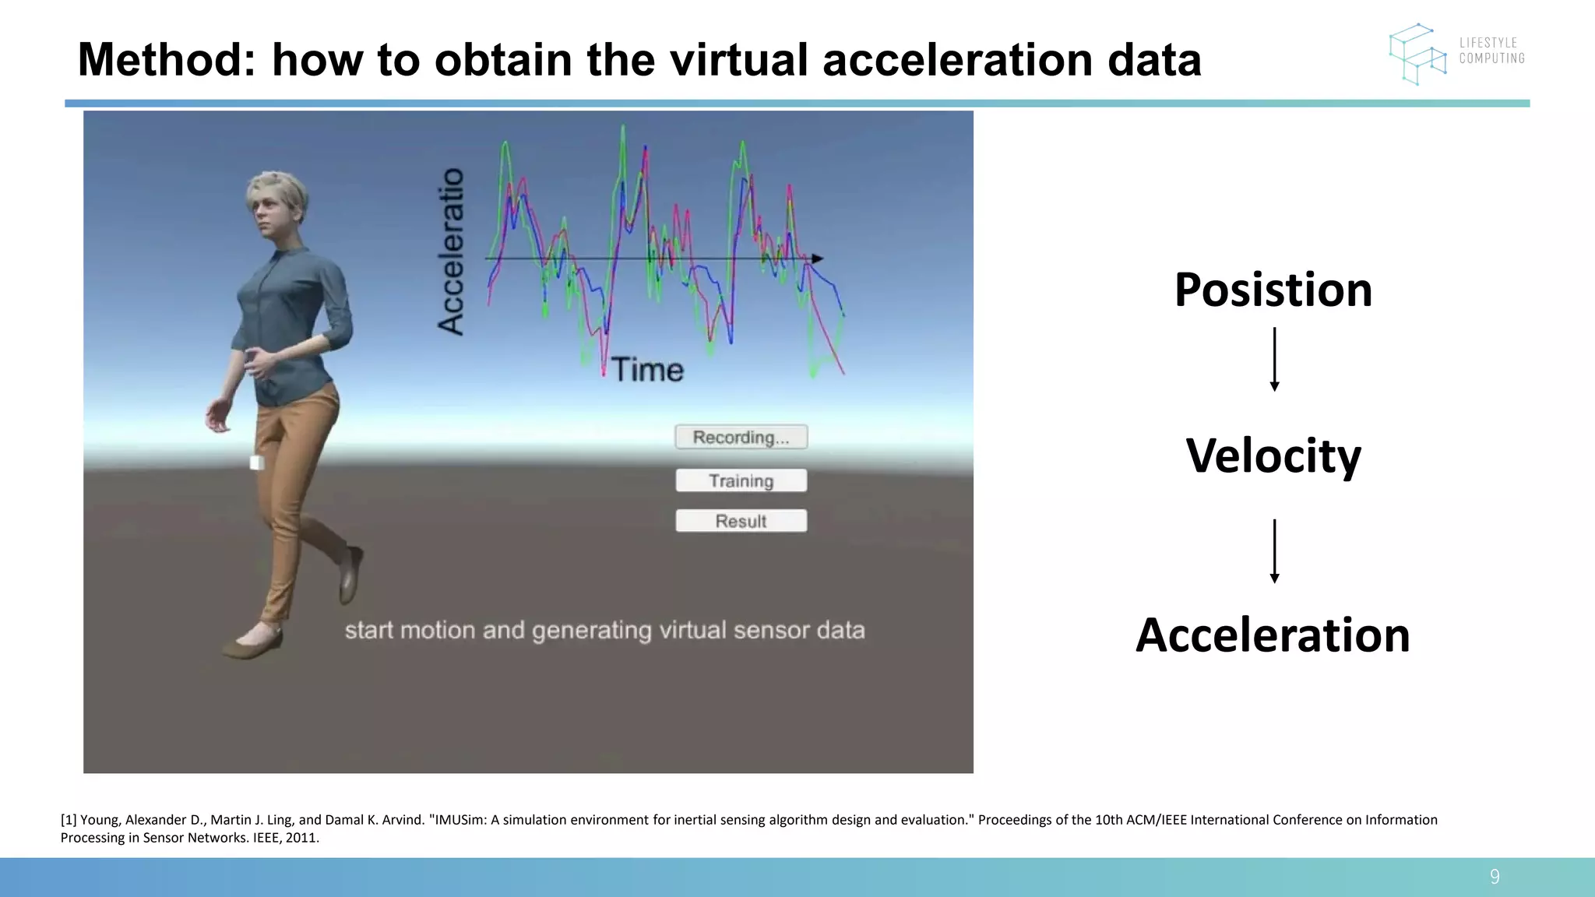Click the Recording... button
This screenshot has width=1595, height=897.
(x=741, y=437)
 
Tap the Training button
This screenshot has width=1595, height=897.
(x=741, y=480)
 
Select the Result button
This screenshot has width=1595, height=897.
(x=741, y=521)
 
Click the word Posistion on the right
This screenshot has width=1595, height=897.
(x=1273, y=290)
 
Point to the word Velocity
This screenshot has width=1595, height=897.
(x=1273, y=456)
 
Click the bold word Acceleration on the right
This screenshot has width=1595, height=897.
(x=1273, y=635)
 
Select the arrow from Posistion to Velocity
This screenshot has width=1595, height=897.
(x=1274, y=359)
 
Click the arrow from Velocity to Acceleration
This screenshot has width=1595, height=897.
(x=1274, y=551)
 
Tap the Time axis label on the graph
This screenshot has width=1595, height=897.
(x=646, y=370)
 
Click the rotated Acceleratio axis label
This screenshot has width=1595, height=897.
(x=451, y=252)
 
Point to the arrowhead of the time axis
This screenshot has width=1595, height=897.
(x=816, y=259)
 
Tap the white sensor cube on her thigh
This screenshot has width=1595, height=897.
(x=256, y=463)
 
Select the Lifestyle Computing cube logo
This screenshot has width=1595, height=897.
(x=1417, y=54)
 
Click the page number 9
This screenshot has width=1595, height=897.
(x=1494, y=877)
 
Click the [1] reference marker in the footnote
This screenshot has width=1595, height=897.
(x=69, y=820)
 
